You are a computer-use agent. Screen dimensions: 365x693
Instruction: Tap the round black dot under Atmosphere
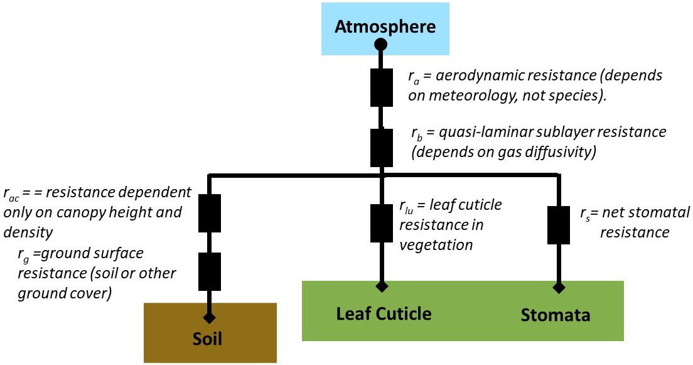380,44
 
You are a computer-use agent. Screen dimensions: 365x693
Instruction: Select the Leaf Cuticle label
384,313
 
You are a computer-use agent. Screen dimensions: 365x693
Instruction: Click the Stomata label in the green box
556,314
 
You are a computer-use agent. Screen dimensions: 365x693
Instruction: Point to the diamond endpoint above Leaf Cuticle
380,287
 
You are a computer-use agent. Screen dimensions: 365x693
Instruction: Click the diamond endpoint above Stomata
558,288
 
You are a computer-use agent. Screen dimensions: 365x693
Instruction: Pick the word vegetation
436,244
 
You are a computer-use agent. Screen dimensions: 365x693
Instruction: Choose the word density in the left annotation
28,231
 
